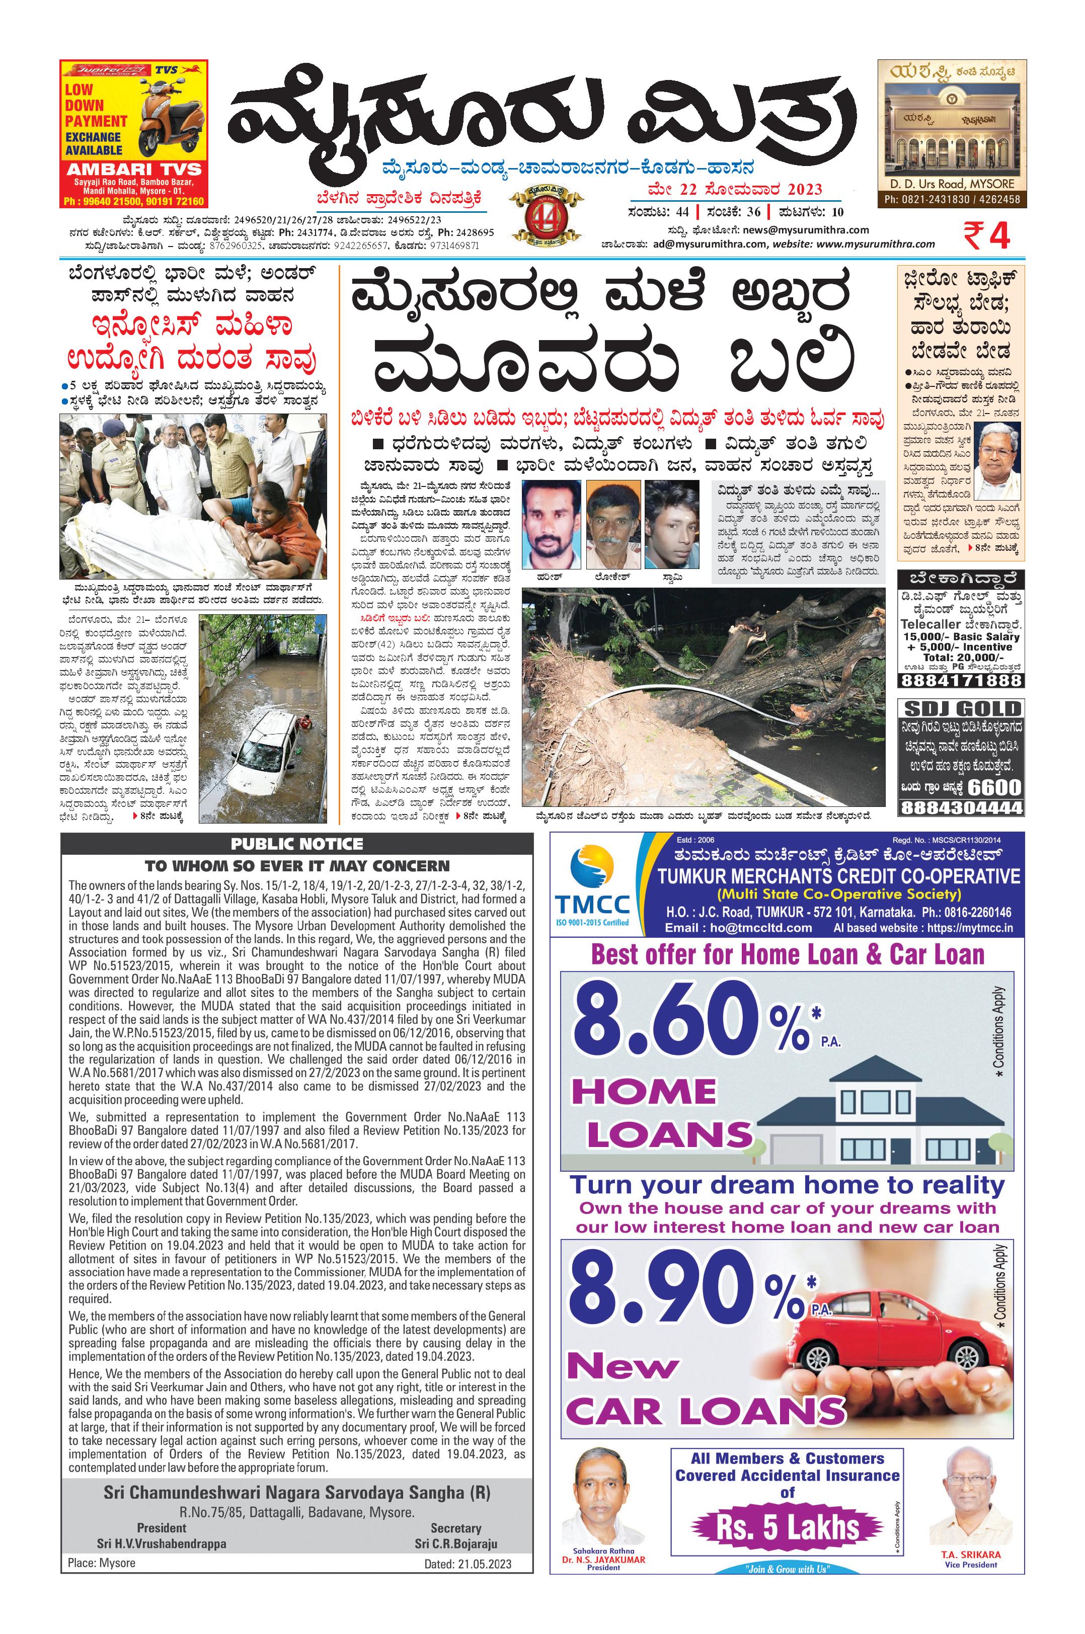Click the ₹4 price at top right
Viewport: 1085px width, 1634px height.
[986, 236]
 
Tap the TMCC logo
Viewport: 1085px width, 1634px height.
[592, 885]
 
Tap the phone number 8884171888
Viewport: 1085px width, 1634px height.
[960, 681]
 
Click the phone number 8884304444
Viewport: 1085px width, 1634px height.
[960, 807]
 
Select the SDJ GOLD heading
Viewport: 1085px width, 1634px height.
[960, 709]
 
